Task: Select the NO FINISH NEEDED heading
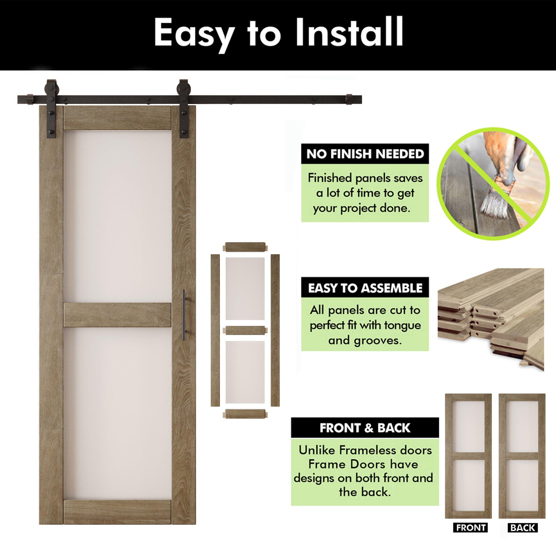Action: point(365,154)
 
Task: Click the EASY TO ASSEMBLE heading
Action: point(365,288)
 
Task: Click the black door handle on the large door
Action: point(183,315)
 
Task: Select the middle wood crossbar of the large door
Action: point(117,315)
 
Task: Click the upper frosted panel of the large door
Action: point(117,216)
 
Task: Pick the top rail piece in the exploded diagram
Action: point(245,247)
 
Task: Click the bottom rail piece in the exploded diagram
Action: point(245,414)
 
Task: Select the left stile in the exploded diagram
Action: point(215,330)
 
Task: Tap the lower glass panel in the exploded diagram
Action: point(245,372)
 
